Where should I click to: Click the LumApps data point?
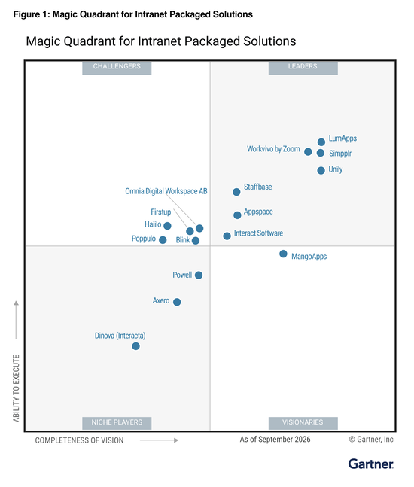[321, 142]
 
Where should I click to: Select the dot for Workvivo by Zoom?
[308, 151]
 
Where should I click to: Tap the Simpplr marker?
[321, 153]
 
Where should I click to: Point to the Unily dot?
[321, 170]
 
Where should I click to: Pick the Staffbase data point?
[236, 192]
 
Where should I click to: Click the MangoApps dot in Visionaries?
[283, 254]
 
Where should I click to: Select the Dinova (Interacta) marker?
[135, 346]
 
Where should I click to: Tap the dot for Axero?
[177, 302]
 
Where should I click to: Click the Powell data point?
[199, 275]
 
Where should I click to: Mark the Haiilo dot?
[167, 226]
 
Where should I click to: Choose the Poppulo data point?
[163, 240]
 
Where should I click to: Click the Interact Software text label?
[258, 233]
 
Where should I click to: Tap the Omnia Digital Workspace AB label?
[166, 191]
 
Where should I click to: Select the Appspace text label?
[258, 212]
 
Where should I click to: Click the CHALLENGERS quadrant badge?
[117, 68]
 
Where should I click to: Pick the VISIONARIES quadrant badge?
[303, 423]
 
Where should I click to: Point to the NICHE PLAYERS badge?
[117, 423]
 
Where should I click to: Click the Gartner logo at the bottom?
[371, 464]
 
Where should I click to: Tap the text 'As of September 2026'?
[275, 439]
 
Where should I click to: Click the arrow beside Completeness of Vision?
[159, 440]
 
